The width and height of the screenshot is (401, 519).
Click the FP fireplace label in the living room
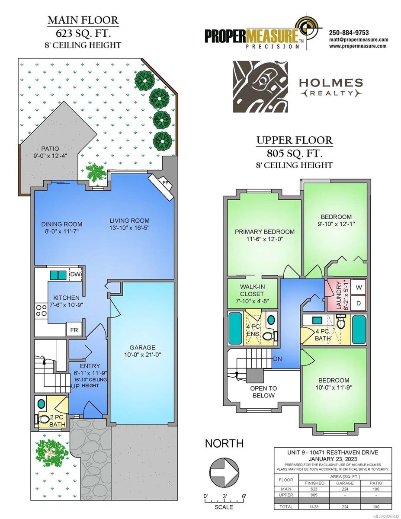point(165,183)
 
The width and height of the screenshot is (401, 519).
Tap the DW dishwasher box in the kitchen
point(76,275)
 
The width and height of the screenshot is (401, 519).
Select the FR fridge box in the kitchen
point(74,330)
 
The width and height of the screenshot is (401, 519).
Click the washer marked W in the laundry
point(359,287)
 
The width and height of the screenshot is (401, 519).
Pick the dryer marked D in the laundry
point(359,303)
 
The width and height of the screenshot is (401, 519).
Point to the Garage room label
point(142,347)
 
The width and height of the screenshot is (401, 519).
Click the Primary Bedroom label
point(265,232)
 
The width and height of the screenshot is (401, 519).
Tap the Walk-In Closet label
point(252,290)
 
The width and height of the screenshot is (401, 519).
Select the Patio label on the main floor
point(50,149)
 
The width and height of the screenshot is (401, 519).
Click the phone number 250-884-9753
point(349,33)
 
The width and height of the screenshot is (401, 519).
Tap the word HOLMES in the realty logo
point(331,83)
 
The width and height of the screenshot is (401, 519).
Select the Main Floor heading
point(83,20)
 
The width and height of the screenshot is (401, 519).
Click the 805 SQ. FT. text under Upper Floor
point(295,153)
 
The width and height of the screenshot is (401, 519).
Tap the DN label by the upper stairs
point(277,359)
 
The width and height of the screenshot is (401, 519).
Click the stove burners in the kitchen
point(42,311)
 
